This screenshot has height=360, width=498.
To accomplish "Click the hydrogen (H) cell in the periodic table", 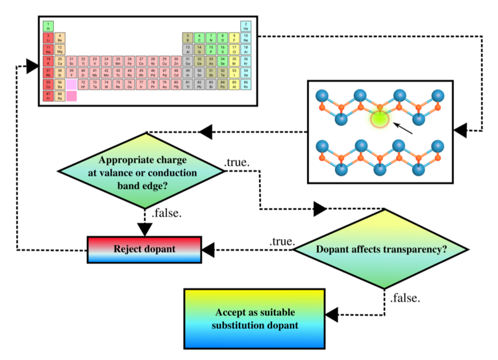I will [x=48, y=26].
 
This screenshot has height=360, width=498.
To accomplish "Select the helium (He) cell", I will [x=246, y=26].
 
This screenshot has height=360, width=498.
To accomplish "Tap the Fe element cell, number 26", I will [x=129, y=61].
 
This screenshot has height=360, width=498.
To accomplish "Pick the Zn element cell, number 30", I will [x=176, y=61].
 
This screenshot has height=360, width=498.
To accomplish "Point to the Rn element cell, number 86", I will [x=246, y=84].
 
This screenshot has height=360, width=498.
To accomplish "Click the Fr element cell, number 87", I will [x=48, y=96].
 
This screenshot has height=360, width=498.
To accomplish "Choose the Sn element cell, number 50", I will [x=199, y=73].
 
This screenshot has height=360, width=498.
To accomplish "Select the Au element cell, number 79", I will [x=164, y=84].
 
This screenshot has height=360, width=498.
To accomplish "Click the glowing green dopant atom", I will [x=379, y=118].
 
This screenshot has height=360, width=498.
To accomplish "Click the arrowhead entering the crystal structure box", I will [x=460, y=131].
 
